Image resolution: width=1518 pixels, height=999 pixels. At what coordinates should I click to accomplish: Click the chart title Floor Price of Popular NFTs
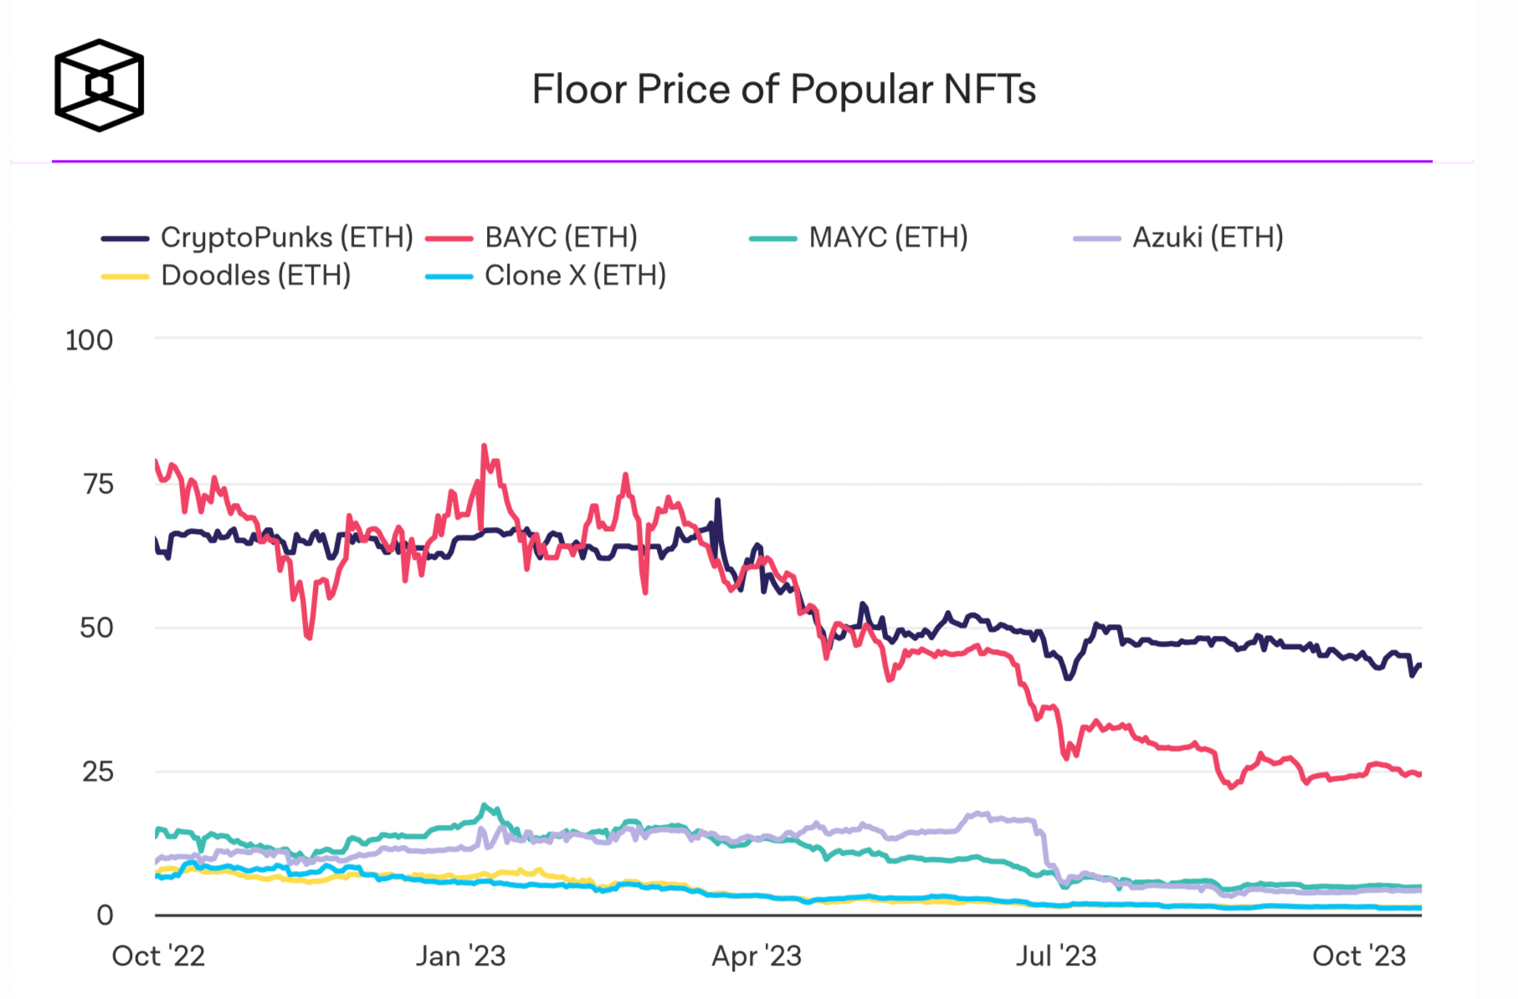pyautogui.click(x=783, y=90)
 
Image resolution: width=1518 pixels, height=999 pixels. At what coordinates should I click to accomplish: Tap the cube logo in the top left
pyautogui.click(x=99, y=85)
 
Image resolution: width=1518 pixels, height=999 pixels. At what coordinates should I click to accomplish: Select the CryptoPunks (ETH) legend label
pyautogui.click(x=287, y=238)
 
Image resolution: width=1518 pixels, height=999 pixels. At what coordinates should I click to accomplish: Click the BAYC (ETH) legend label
pyautogui.click(x=561, y=238)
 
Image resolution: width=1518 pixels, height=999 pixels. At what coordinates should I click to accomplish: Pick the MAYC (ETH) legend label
pyautogui.click(x=888, y=238)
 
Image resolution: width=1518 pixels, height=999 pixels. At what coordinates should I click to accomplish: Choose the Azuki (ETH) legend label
pyautogui.click(x=1208, y=238)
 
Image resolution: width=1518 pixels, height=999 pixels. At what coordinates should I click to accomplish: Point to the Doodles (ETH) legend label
pyautogui.click(x=255, y=275)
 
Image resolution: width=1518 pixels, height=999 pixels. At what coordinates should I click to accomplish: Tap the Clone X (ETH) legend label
pyautogui.click(x=575, y=275)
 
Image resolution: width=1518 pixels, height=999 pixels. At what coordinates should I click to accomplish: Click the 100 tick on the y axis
pyautogui.click(x=89, y=341)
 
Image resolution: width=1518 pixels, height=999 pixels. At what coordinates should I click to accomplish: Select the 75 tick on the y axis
pyautogui.click(x=98, y=484)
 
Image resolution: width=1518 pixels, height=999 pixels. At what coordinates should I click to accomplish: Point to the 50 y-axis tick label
pyautogui.click(x=96, y=628)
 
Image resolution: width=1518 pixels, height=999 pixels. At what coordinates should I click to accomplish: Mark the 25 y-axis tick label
pyautogui.click(x=97, y=772)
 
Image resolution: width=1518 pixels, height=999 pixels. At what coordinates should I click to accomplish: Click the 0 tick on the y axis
pyautogui.click(x=105, y=915)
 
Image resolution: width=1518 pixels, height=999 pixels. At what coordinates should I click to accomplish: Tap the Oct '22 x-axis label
pyautogui.click(x=158, y=955)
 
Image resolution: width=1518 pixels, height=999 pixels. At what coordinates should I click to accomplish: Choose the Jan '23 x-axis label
pyautogui.click(x=460, y=955)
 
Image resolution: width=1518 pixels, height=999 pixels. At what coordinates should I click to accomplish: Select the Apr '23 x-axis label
pyautogui.click(x=756, y=955)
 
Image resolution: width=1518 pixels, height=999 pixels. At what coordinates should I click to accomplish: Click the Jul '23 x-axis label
pyautogui.click(x=1056, y=955)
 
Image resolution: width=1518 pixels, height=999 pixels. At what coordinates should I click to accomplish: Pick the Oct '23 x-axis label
pyautogui.click(x=1359, y=955)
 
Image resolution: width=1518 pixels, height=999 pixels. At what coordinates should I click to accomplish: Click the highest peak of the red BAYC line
pyautogui.click(x=485, y=447)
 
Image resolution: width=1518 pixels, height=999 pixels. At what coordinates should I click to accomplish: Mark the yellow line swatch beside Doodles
pyautogui.click(x=125, y=276)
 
